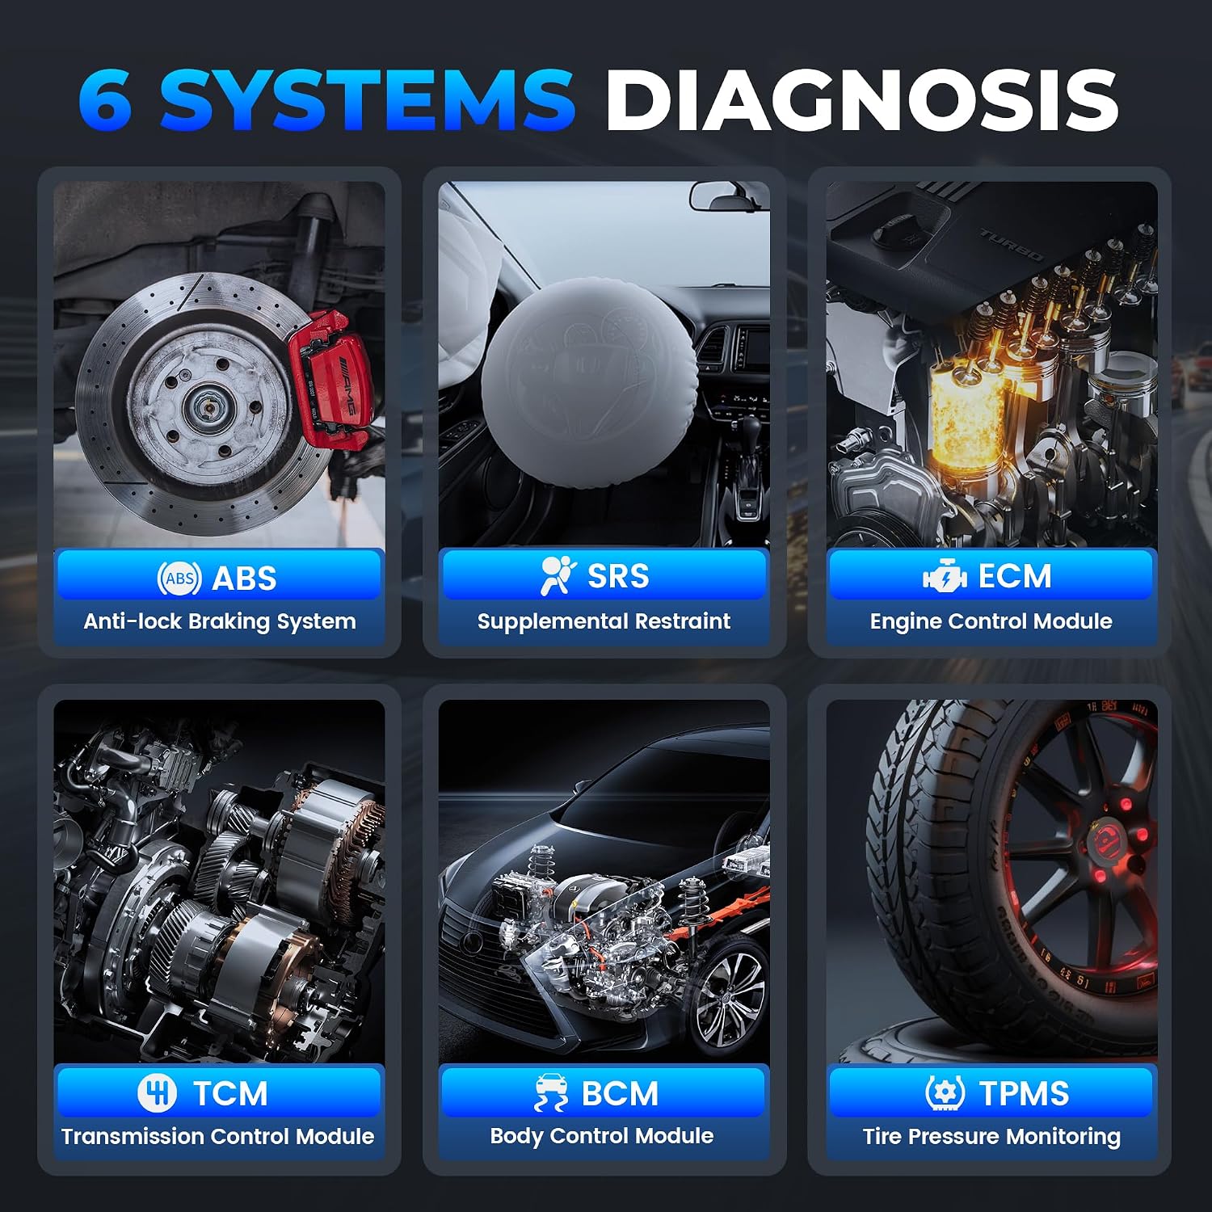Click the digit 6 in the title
tap(105, 100)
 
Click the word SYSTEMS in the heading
tap(368, 100)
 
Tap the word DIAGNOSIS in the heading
tap(862, 100)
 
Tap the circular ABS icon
tap(179, 578)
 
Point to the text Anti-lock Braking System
tap(220, 621)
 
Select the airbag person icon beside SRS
tap(558, 576)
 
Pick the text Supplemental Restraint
tap(604, 621)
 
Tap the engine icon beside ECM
tap(945, 576)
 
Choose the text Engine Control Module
tap(991, 621)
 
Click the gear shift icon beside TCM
tap(157, 1092)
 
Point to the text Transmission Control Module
tap(218, 1136)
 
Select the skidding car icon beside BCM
tap(551, 1092)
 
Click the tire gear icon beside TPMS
tap(945, 1092)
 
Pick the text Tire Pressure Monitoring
tap(991, 1136)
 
